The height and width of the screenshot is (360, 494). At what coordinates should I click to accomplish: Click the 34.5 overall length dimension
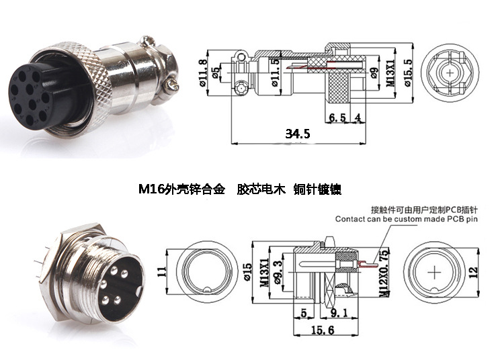[297, 134]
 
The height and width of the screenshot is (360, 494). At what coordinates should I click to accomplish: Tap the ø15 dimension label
[247, 274]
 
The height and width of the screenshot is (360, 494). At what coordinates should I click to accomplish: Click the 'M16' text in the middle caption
[151, 189]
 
